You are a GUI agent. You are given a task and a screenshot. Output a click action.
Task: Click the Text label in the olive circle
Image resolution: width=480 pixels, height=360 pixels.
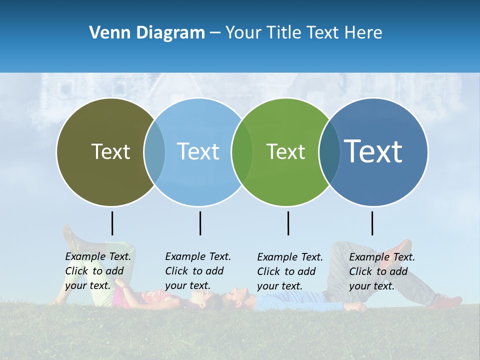(110, 151)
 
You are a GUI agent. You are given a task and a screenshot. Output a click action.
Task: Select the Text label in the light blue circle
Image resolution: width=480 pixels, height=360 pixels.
(198, 151)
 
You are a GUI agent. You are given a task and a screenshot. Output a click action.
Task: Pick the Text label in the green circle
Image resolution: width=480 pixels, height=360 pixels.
(285, 151)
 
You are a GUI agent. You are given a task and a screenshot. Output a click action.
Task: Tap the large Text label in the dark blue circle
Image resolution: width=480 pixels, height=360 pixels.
(373, 151)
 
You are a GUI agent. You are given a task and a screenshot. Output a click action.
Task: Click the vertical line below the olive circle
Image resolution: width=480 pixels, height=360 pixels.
(112, 223)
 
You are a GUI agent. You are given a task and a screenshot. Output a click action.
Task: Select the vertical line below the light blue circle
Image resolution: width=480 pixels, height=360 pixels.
(200, 223)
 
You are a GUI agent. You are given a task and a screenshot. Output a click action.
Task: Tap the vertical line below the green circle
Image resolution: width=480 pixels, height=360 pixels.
(288, 223)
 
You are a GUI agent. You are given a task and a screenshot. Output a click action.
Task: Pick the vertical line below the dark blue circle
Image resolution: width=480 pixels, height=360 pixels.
(372, 223)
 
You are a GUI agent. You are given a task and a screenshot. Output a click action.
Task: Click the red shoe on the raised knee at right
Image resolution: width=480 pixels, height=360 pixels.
(402, 248)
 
